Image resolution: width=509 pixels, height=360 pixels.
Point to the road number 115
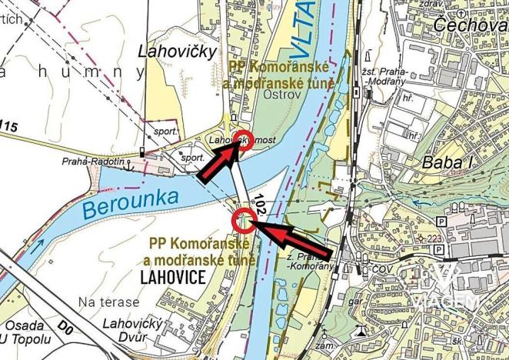coord(9,125)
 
